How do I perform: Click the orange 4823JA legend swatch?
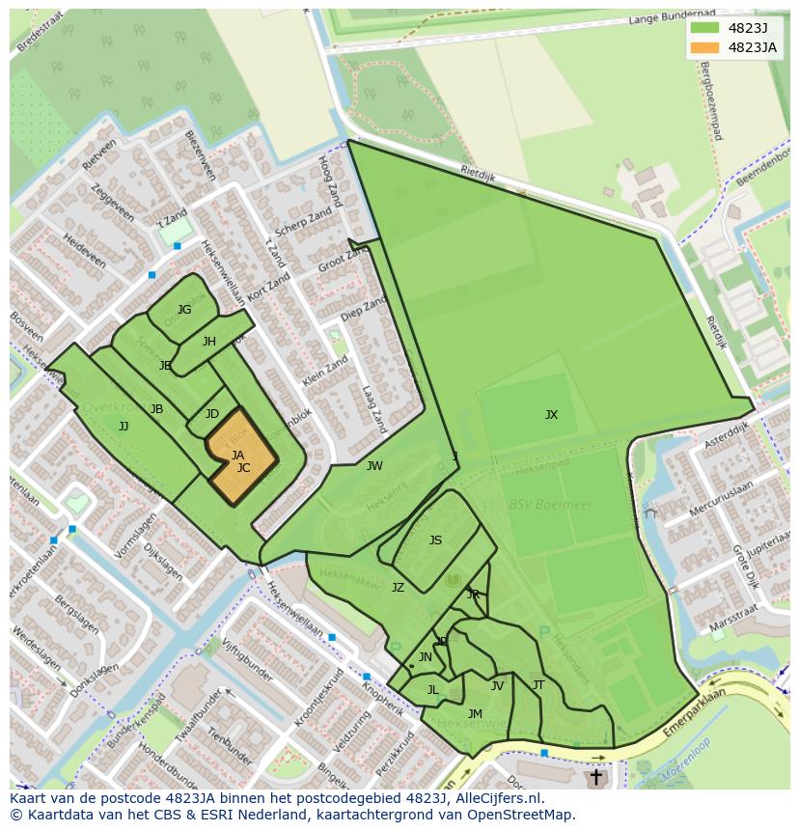click(704, 47)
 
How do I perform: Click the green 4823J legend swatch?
click(704, 27)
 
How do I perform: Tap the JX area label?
click(551, 415)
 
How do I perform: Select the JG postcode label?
click(183, 310)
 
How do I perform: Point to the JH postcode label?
click(209, 342)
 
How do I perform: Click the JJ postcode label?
click(124, 426)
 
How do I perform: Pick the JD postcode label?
click(212, 414)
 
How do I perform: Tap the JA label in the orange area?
click(237, 455)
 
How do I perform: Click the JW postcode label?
click(374, 466)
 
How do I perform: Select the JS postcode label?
click(435, 540)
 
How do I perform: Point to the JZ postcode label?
click(398, 587)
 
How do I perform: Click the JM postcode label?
click(475, 714)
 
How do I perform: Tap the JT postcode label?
click(538, 685)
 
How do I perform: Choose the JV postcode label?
click(497, 686)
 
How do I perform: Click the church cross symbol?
click(595, 776)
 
